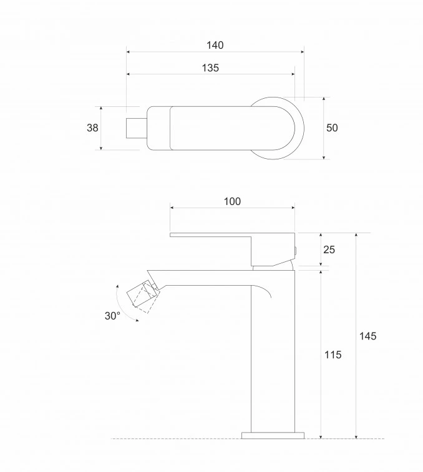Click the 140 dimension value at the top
215,45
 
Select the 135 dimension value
210,68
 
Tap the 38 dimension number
92,128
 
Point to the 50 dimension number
332,128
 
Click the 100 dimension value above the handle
231,201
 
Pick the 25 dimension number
329,249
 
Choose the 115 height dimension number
333,354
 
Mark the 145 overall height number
367,336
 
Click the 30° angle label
112,316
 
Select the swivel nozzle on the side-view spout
142,296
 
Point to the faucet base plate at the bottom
272,434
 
